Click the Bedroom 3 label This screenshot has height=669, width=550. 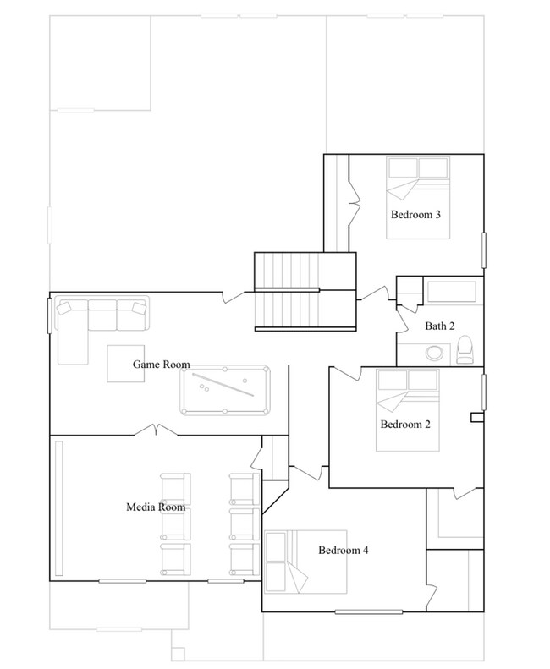click(415, 215)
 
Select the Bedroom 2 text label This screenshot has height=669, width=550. click(405, 425)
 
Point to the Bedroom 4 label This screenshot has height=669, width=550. click(343, 550)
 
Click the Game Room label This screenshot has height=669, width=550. click(160, 365)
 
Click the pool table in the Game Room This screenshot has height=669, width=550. click(226, 391)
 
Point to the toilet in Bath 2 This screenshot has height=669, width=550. click(465, 348)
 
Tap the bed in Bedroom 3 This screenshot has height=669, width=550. click(416, 181)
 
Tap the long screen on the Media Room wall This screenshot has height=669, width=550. click(59, 507)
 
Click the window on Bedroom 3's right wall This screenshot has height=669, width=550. click(484, 250)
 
